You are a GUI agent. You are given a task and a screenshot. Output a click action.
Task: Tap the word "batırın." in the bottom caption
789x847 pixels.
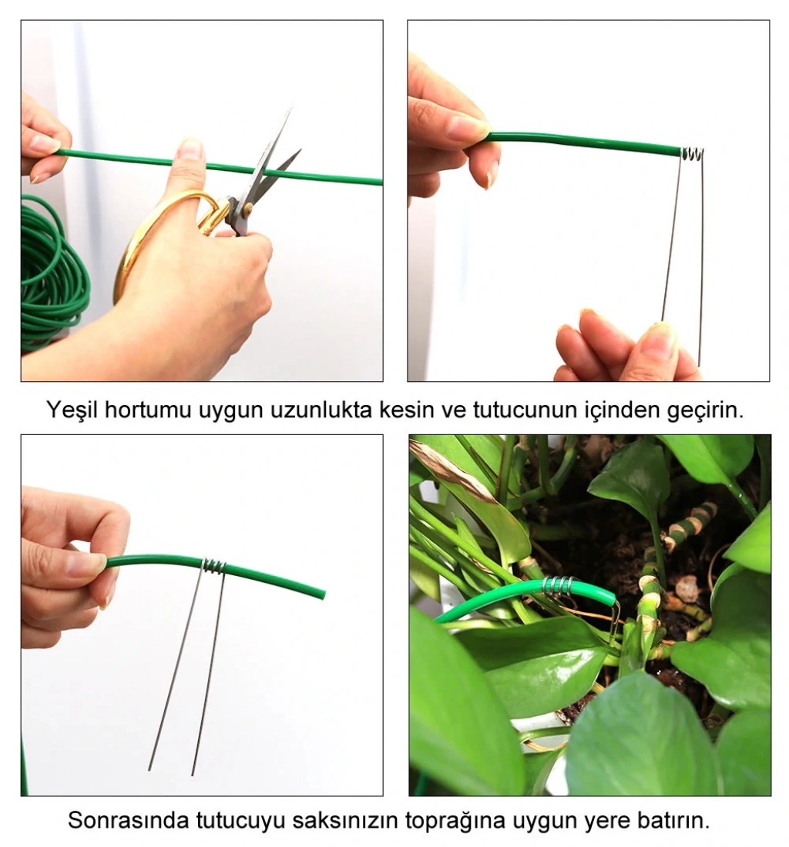coord(673,820)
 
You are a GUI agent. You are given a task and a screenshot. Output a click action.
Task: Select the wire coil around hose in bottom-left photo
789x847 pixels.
coord(214,566)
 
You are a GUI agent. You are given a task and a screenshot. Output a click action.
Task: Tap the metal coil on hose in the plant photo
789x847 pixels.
coord(556,585)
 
